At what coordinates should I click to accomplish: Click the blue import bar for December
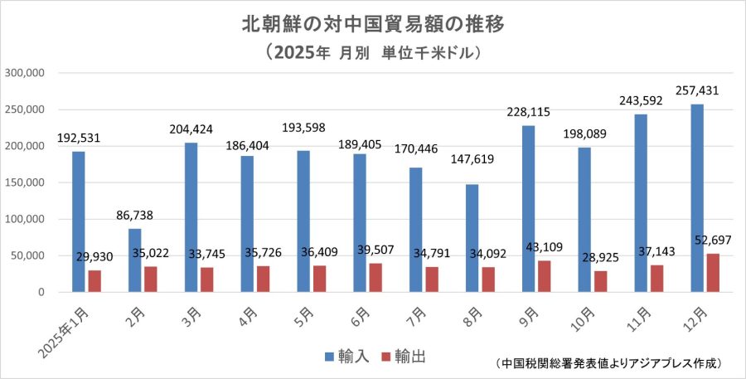[697, 198]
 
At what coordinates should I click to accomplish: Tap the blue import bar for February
[134, 260]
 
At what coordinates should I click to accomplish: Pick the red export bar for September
[545, 276]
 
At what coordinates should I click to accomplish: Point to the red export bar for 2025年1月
[94, 281]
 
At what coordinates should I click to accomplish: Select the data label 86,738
[135, 214]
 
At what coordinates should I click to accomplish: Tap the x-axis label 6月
[362, 316]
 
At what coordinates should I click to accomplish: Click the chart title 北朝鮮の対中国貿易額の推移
[373, 23]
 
